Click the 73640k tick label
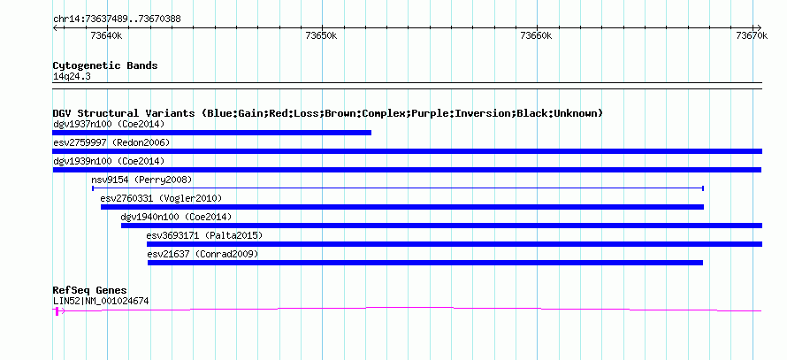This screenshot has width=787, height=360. tap(106, 35)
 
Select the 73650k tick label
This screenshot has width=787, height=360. tap(321, 35)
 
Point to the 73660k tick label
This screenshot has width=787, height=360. tap(537, 35)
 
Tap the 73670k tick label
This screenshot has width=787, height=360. tap(752, 35)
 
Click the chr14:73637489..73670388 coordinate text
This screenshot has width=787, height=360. tap(117, 19)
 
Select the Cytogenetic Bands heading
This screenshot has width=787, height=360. tap(105, 65)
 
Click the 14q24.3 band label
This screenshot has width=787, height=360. tap(72, 77)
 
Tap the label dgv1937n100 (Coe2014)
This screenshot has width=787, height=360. tap(109, 124)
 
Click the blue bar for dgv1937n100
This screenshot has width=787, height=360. tap(212, 133)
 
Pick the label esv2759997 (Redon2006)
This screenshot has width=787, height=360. tap(111, 142)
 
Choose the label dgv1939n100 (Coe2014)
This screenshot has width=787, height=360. tap(109, 161)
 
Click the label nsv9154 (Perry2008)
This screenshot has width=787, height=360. tap(141, 180)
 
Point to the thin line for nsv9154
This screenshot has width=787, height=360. tap(398, 188)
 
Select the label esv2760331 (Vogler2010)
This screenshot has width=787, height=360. tap(161, 198)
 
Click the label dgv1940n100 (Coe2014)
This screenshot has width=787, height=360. tap(176, 217)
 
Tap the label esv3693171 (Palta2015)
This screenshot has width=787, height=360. tap(204, 235)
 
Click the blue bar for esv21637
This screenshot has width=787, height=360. tap(425, 263)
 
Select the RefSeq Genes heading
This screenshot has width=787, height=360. tap(90, 291)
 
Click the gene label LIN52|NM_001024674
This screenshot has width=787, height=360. tap(101, 302)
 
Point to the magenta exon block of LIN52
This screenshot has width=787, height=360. tap(57, 311)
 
